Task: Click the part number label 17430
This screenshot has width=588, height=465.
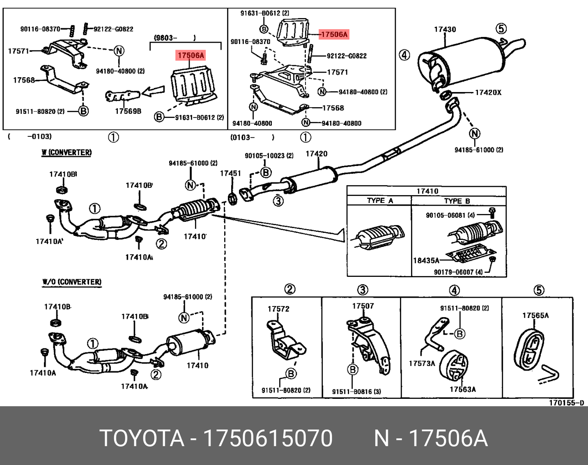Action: (x=445, y=29)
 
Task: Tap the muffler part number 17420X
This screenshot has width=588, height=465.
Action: (x=488, y=92)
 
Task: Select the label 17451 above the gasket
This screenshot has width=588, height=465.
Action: (x=230, y=173)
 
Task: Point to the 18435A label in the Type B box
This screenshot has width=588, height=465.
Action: (x=426, y=260)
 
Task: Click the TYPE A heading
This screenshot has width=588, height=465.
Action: (x=380, y=201)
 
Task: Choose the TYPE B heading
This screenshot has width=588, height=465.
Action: (x=457, y=201)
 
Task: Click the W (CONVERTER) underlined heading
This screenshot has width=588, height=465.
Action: (x=67, y=152)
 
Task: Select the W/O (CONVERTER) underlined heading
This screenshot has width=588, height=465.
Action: (x=71, y=282)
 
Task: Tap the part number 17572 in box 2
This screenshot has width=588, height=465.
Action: (x=278, y=309)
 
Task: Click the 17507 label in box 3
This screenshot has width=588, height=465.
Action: (x=363, y=306)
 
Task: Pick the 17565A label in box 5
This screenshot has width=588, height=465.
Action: (x=535, y=315)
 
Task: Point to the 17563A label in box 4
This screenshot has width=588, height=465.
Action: (x=462, y=389)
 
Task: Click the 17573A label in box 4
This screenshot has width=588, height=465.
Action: (x=422, y=364)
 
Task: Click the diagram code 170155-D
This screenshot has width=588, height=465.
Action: (x=566, y=403)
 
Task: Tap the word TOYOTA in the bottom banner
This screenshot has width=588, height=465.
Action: (x=142, y=438)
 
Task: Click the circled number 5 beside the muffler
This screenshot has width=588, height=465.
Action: (x=501, y=28)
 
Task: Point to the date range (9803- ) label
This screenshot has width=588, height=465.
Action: (x=175, y=38)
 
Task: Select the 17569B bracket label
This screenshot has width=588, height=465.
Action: (x=128, y=111)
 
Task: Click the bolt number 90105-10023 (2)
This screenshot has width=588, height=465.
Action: (x=269, y=156)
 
